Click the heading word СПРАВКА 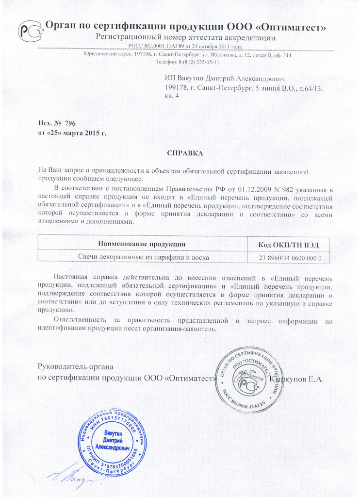[185, 153]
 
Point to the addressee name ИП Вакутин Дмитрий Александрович [224, 78]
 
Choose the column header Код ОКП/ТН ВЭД [288, 243]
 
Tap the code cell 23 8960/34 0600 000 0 [288, 257]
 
